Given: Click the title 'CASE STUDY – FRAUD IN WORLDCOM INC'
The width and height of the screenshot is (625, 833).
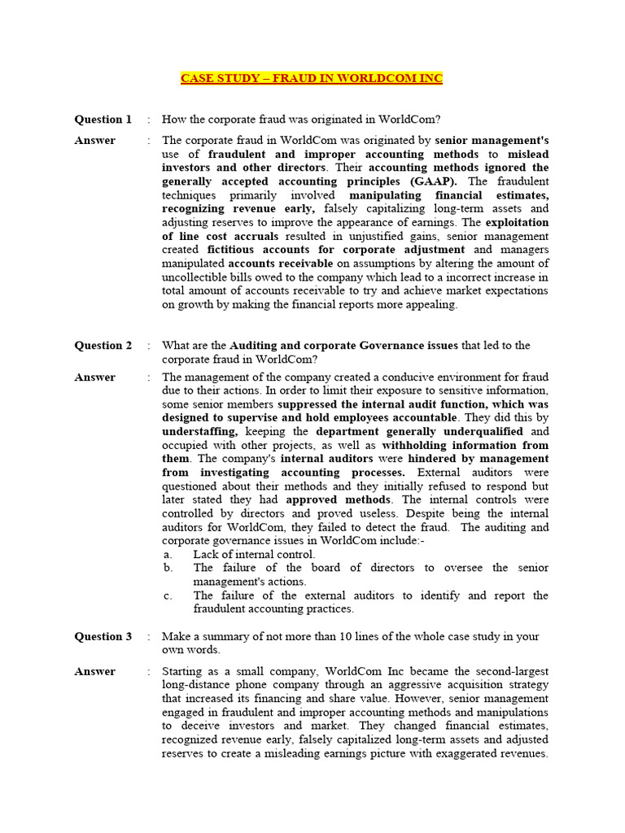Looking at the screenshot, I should coord(312,78).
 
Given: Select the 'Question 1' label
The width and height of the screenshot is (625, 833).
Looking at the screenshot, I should coord(103,120).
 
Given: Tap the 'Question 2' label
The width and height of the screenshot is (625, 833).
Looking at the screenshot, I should coord(103,346).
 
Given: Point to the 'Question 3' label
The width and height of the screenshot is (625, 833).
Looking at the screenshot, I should coord(103,637).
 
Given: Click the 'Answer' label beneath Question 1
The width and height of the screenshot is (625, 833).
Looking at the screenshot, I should coord(95,141).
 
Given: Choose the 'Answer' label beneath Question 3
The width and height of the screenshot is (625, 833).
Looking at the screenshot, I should coord(95,672).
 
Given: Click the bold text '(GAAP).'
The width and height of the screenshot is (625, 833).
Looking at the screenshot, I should coord(435,181).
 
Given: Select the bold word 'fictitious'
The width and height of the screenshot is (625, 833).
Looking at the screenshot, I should coord(234,250).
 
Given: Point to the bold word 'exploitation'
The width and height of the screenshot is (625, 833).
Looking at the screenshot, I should coord(518,222).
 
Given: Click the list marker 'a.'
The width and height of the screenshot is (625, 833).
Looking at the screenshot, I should coord(168,555).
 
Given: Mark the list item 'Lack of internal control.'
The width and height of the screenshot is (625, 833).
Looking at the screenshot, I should coord(254,555).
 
